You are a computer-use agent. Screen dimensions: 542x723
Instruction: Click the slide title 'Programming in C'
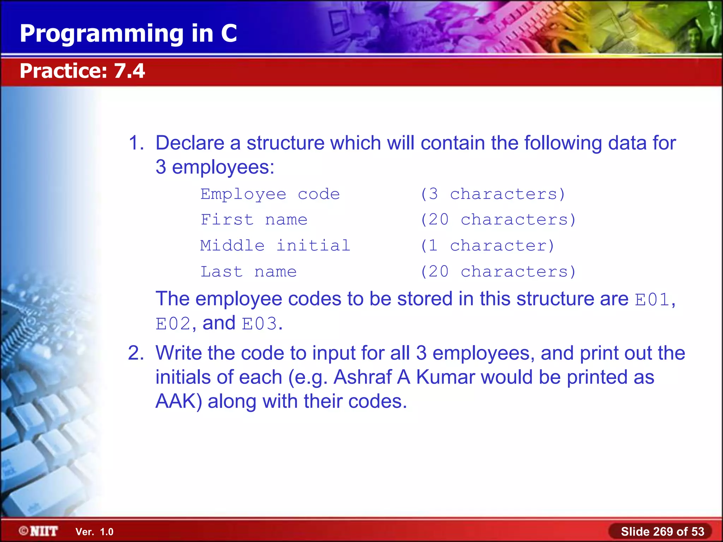coord(128,34)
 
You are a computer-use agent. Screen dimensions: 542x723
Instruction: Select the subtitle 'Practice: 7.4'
coord(82,71)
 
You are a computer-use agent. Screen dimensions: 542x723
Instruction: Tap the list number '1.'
coord(136,143)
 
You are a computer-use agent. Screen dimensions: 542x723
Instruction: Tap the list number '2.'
coord(136,353)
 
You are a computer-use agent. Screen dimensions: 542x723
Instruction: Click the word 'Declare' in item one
coord(190,143)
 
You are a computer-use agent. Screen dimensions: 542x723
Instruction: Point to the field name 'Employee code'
coord(270,194)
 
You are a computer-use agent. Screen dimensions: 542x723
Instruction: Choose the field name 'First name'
coord(254,220)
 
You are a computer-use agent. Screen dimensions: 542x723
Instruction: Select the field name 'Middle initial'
coord(275,246)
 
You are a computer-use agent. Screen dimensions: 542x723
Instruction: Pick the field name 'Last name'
coord(249,272)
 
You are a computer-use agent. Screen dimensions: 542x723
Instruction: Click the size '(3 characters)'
coord(493,194)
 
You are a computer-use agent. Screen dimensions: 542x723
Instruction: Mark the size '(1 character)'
coord(488,246)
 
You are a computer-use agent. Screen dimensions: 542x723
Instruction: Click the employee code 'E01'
coord(652,300)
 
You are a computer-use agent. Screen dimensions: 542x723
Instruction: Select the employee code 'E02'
coord(173,324)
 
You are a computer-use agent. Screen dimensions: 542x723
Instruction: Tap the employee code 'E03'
coord(259,324)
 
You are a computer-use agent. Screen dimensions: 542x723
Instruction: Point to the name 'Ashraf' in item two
coord(363,377)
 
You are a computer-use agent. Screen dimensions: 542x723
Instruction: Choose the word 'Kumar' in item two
coord(445,377)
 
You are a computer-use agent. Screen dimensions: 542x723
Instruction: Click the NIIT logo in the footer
coord(39,531)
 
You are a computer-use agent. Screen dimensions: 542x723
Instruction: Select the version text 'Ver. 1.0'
coord(94,532)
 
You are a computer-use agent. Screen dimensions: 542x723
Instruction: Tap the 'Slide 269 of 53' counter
coord(662,531)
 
